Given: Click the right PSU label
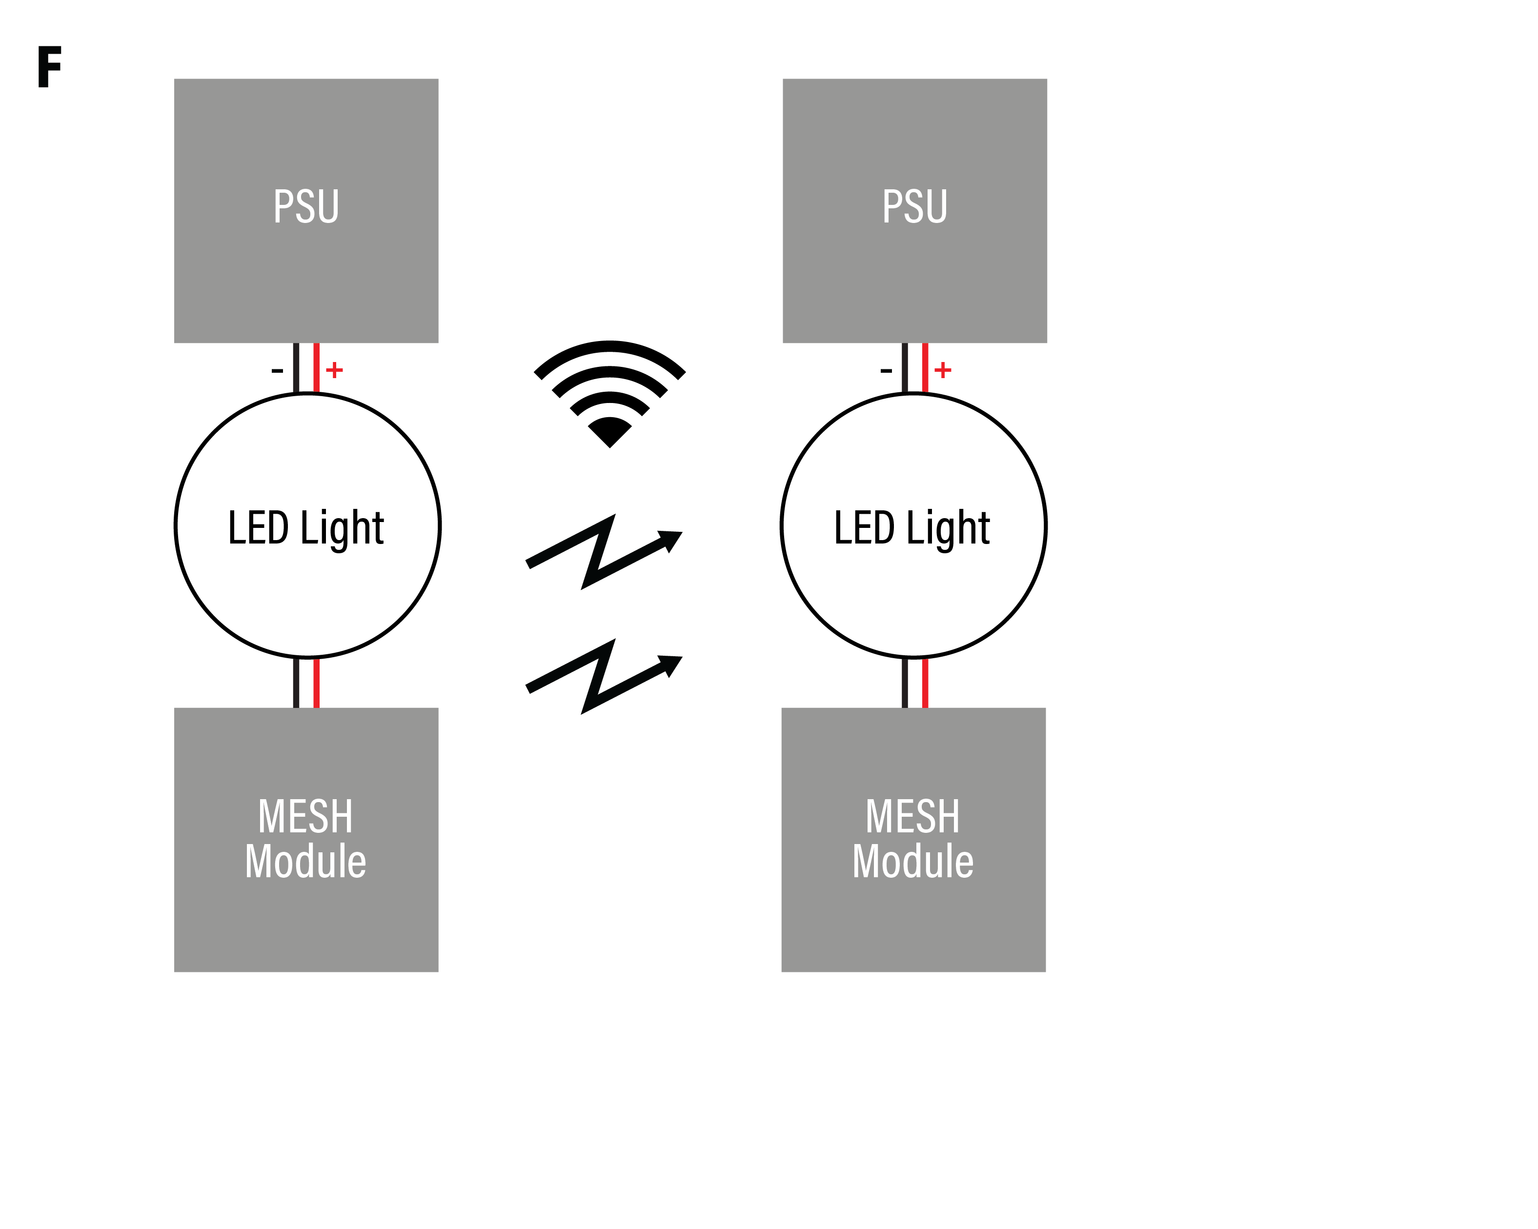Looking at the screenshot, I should [x=915, y=207].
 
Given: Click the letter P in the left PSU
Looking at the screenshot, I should [x=283, y=207].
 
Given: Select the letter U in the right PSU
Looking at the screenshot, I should [x=937, y=207].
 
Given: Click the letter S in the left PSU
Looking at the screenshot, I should [x=305, y=207].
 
